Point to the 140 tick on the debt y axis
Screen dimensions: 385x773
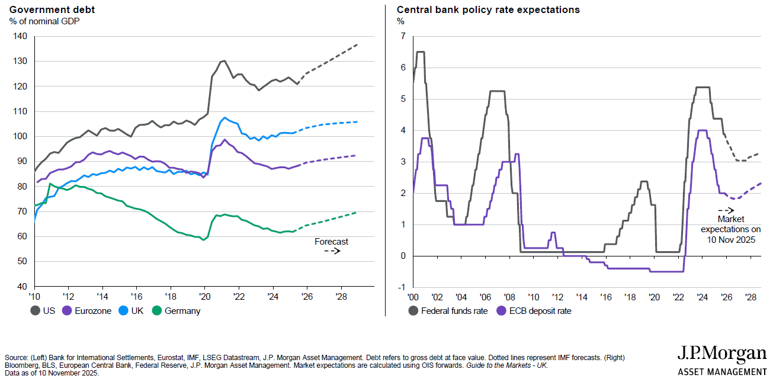coord(20,36)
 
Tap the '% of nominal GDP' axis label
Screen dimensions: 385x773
coord(44,21)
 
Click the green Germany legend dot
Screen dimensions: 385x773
coord(157,310)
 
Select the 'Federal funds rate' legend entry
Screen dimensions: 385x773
coord(447,310)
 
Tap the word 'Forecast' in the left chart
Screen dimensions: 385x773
coord(331,242)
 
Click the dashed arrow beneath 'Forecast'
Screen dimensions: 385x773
coord(332,251)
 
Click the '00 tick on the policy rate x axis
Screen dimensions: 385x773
coord(413,296)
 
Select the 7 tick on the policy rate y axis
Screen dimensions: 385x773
coord(402,36)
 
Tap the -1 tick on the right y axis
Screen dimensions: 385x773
coord(401,287)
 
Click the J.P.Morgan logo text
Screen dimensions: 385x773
coord(721,354)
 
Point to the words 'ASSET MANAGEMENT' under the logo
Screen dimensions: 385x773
coord(722,372)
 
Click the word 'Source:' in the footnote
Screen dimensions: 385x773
coord(16,358)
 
